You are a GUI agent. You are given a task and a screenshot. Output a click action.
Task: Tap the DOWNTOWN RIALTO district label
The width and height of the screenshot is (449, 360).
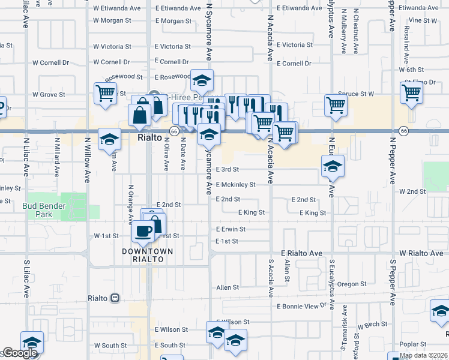point(148,255)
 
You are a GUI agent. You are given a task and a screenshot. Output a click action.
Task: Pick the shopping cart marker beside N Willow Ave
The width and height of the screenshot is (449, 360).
point(105,94)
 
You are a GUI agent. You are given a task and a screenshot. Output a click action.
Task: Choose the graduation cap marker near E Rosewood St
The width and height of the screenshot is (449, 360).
point(202,80)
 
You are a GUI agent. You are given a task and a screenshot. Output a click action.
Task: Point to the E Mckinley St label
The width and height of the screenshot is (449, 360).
point(236,185)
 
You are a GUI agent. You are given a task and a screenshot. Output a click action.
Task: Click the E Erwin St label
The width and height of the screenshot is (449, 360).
point(231,229)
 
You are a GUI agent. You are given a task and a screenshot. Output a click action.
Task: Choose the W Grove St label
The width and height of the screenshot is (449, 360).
point(49,94)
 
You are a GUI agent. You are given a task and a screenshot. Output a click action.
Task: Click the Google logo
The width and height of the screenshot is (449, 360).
point(20,353)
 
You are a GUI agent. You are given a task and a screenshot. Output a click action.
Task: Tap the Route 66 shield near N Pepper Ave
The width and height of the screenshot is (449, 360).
point(404,131)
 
